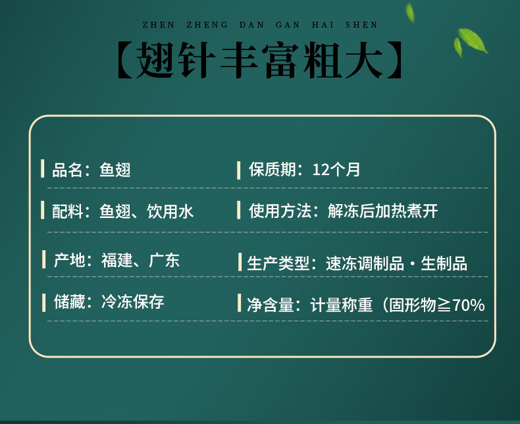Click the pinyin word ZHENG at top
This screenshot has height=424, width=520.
(207, 25)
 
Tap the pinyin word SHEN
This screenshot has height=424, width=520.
(361, 25)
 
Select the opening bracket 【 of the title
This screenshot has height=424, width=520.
(126, 60)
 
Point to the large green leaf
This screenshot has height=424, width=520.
(473, 40)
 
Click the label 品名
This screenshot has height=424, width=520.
(67, 170)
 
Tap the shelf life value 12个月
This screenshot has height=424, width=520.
(336, 169)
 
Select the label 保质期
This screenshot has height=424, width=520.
(273, 169)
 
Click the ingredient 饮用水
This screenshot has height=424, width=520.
(170, 211)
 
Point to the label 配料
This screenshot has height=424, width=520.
(67, 211)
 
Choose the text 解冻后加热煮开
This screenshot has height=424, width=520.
(382, 211)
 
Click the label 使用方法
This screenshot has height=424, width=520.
(280, 211)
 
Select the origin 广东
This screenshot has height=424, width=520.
(164, 260)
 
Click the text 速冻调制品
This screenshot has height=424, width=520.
(365, 264)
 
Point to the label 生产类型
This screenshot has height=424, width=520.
(278, 264)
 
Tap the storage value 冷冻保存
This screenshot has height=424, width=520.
(133, 302)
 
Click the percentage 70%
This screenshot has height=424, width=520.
(468, 305)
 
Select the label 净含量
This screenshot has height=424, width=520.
(271, 305)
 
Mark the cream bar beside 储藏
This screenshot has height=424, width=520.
(44, 303)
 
